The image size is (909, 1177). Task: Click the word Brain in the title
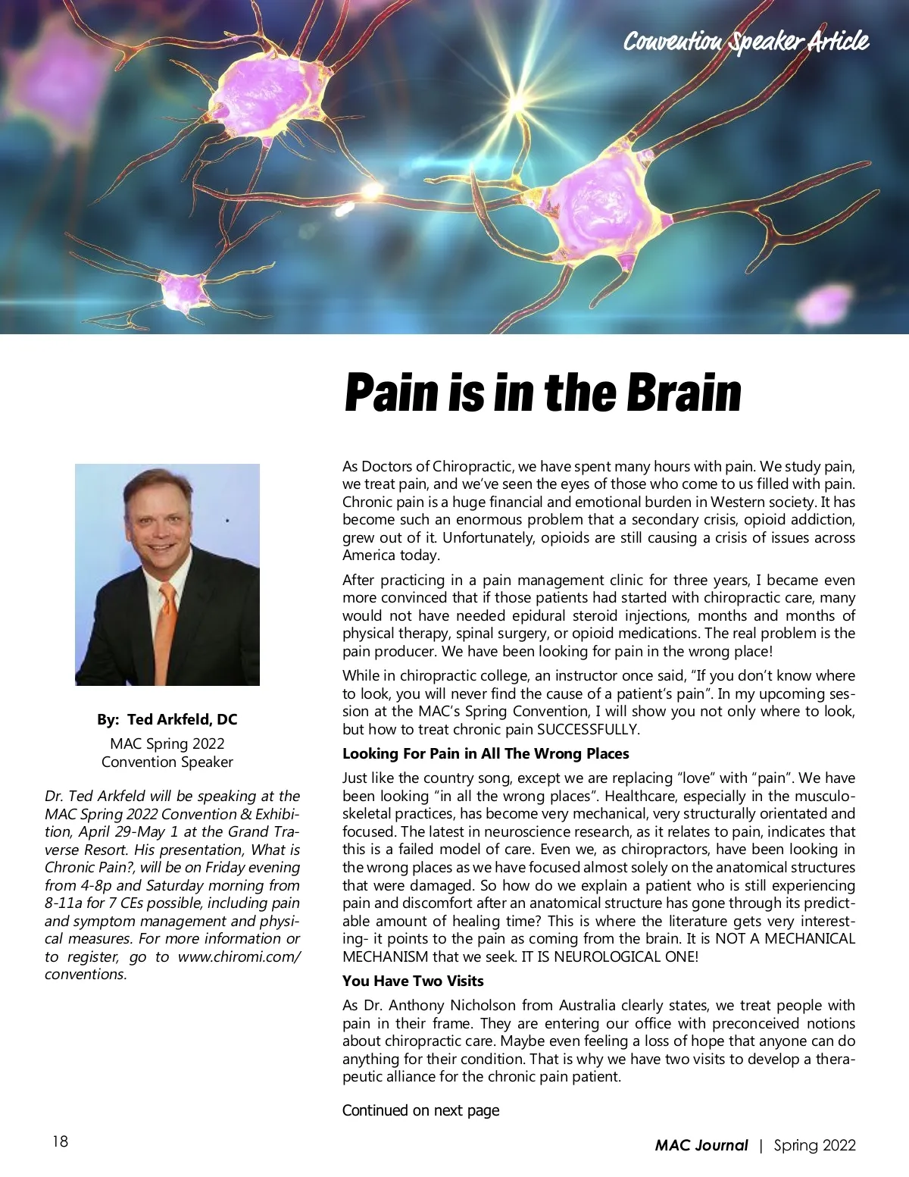pos(683,392)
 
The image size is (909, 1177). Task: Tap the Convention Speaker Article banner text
pos(745,41)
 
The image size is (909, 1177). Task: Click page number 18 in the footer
pos(60,1141)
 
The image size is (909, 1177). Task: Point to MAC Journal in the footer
pos(701,1145)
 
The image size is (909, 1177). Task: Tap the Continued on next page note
pos(420,1110)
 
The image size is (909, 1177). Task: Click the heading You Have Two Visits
pos(413,981)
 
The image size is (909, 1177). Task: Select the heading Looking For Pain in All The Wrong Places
pos(486,753)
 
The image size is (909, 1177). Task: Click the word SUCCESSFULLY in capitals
pos(588,730)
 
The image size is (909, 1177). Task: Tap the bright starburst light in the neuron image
pos(518,102)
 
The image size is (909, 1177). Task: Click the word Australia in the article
pos(587,1006)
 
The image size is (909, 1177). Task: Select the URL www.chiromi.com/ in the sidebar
pos(239,956)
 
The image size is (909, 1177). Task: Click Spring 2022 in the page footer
pos(814,1145)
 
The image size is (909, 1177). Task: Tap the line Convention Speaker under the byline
pos(167,762)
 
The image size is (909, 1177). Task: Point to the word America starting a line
pos(368,556)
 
